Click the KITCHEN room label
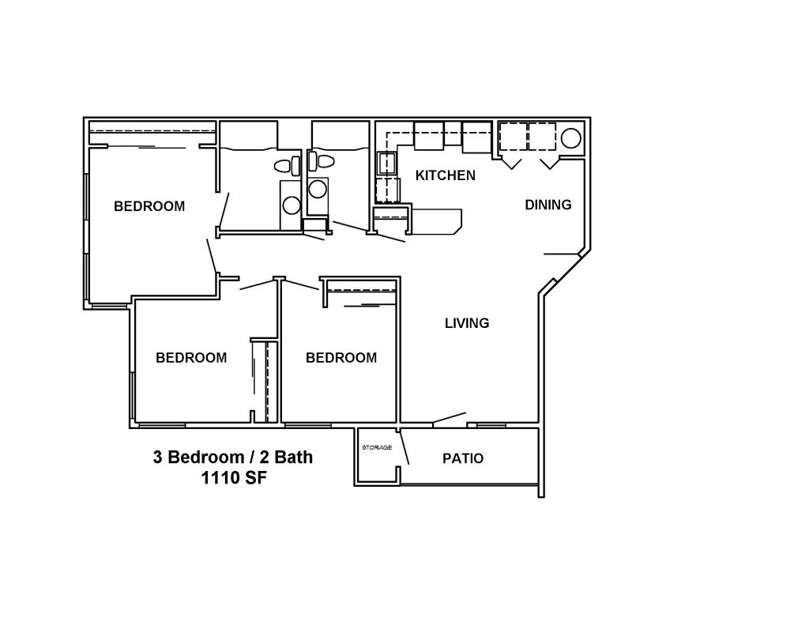click(x=446, y=175)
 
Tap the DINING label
click(x=548, y=205)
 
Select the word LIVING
click(x=467, y=323)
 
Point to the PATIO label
click(x=463, y=458)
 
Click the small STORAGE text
click(x=377, y=447)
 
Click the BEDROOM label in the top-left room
click(x=149, y=206)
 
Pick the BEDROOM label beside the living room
click(x=341, y=358)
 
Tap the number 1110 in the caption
click(x=219, y=478)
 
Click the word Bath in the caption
click(x=294, y=457)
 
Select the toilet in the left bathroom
click(x=288, y=166)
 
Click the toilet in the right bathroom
click(x=321, y=161)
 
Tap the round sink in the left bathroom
click(x=292, y=205)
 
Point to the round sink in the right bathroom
click(x=318, y=189)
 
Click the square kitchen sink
click(x=387, y=163)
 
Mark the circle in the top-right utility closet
click(x=570, y=138)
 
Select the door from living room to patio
click(x=450, y=419)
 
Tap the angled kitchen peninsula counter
click(x=436, y=222)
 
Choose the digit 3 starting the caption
click(x=157, y=457)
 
